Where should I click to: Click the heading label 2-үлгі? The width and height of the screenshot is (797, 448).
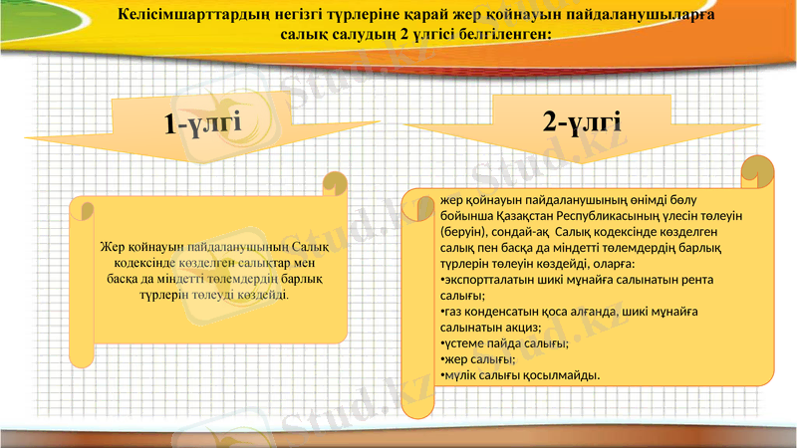coord(582,122)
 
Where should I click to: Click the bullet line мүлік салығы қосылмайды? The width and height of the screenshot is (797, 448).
coord(520,375)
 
